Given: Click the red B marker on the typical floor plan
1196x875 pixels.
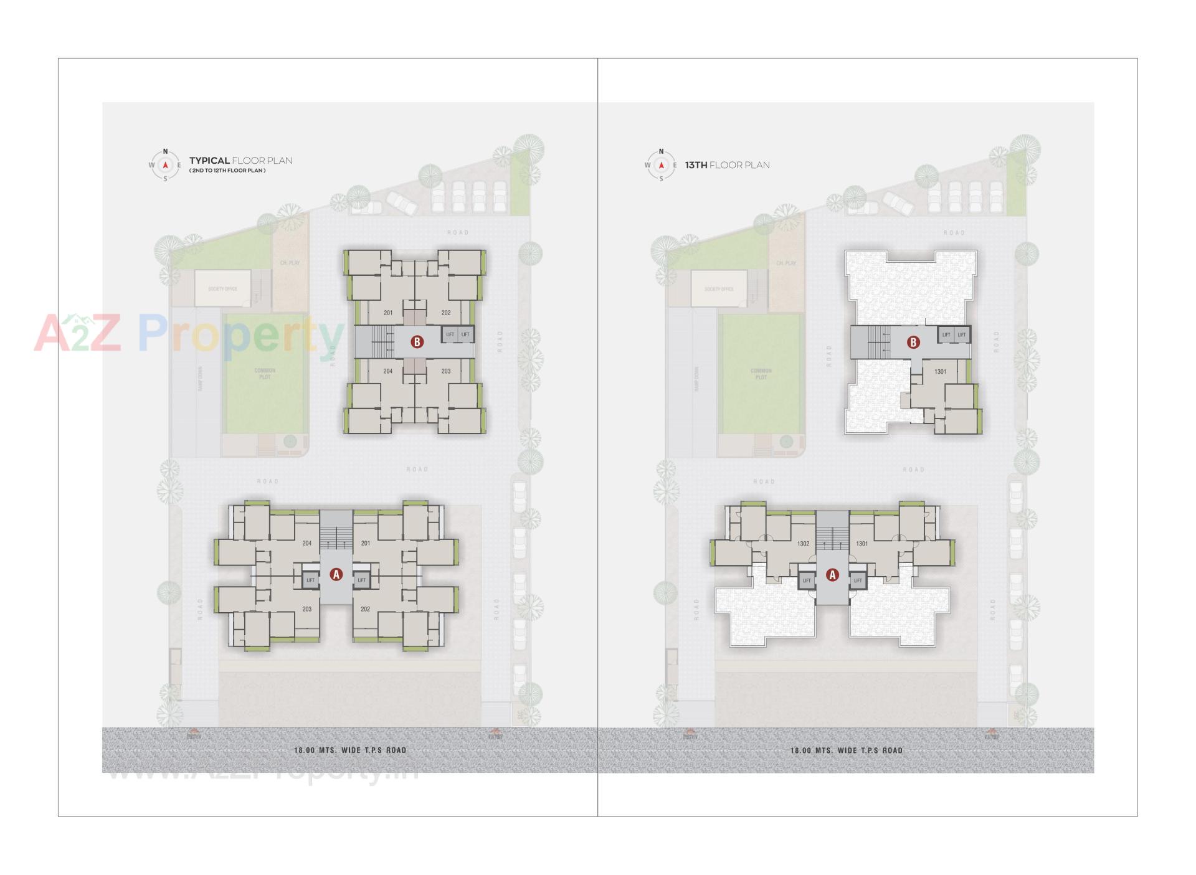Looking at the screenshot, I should pos(417,341).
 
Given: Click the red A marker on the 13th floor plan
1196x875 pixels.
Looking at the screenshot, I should pos(832,575).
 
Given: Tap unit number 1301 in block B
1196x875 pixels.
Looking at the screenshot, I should pos(940,372).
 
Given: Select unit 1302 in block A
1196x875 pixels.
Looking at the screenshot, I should pos(803,544).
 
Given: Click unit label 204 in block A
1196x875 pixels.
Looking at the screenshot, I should pos(306,543).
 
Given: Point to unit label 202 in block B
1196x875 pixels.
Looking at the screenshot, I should pos(446,313).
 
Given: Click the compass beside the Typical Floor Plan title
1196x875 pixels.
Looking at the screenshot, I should pos(165,165).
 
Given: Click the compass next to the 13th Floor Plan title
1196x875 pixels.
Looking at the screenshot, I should pos(661,165).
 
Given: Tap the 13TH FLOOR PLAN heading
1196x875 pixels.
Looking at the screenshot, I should pos(727,165).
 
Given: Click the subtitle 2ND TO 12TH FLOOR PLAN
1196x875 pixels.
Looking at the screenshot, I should pos(227,171).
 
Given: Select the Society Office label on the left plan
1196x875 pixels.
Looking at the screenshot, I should pos(222,289).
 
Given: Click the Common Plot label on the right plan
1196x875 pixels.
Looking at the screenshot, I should pos(761,374).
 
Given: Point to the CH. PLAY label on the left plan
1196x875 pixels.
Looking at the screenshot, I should pos(290,263).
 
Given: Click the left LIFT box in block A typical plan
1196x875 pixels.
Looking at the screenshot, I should pos(310,580).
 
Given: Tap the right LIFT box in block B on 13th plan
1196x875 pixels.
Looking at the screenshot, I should pos(962,335).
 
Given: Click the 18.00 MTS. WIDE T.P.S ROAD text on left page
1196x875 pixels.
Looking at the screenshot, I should pos(350,750).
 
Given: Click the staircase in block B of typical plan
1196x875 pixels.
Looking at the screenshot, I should pos(377,342).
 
